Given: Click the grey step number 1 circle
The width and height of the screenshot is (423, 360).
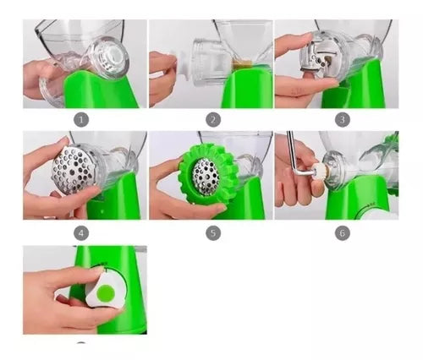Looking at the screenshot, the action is click(81, 120).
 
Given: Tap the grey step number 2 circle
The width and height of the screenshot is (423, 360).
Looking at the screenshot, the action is click(213, 120).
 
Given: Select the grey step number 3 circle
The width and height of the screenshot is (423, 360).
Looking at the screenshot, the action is click(343, 120).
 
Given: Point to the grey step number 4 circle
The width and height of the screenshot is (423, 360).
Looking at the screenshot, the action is click(81, 233).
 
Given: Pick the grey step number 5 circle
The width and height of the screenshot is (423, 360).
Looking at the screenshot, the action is click(213, 233).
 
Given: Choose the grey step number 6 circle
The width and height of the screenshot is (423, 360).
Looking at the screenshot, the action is click(343, 233).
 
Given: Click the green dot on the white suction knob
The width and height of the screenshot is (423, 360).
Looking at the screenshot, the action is click(106, 292).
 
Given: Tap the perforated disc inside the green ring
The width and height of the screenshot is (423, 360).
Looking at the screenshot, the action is click(206, 177).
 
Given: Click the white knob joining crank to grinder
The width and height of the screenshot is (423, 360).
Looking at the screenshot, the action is click(321, 172).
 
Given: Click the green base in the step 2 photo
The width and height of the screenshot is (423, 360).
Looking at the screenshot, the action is click(248, 87).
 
